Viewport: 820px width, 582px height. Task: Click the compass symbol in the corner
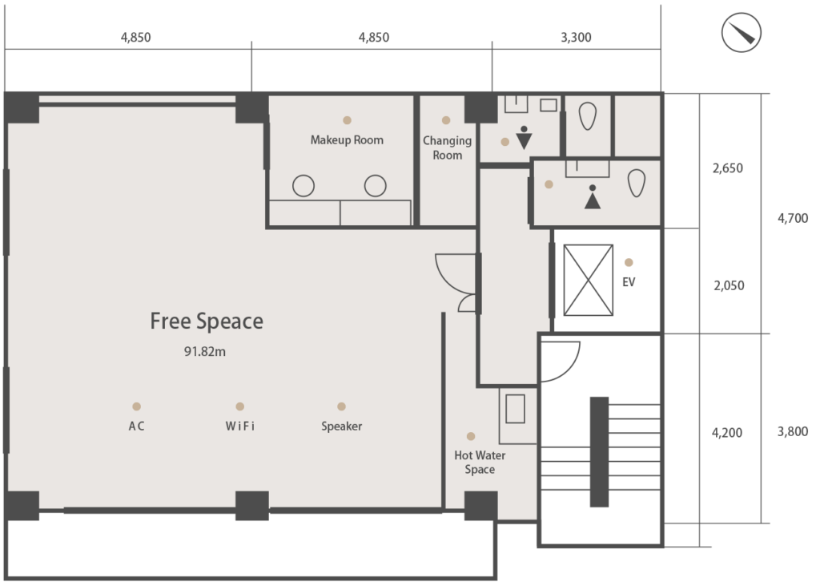pos(741,32)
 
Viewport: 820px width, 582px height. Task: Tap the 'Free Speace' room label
pos(207,321)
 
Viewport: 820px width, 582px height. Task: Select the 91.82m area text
pos(204,352)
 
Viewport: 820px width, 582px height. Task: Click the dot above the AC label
pos(136,406)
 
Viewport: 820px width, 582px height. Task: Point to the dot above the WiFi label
pos(240,406)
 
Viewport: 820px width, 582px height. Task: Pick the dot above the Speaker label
pos(341,406)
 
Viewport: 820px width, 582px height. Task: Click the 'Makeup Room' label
pos(347,140)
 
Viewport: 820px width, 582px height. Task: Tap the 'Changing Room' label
pos(447,148)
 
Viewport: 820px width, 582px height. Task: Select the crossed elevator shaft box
pos(589,280)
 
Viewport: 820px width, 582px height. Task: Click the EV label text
pos(629,282)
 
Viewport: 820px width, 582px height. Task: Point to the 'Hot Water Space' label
pos(480,463)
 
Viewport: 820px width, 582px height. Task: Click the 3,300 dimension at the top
pos(576,38)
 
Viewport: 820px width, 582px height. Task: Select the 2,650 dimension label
pos(727,168)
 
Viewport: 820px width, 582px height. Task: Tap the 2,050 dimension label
pos(729,285)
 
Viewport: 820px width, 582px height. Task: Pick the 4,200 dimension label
pos(727,433)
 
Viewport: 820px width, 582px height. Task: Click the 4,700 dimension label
pos(793,218)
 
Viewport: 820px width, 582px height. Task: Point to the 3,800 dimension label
pos(793,432)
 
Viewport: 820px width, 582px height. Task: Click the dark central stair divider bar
pos(599,452)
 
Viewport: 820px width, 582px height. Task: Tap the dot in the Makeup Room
pos(347,120)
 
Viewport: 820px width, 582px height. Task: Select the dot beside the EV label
pos(629,262)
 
